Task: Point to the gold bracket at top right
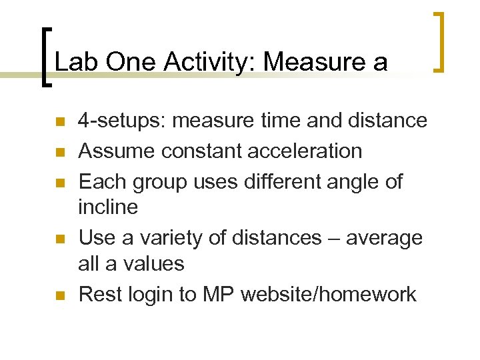coord(439,41)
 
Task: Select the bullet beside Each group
coord(59,183)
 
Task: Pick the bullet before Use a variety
coord(59,239)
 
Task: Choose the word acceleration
coord(305,151)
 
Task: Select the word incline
coord(108,207)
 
